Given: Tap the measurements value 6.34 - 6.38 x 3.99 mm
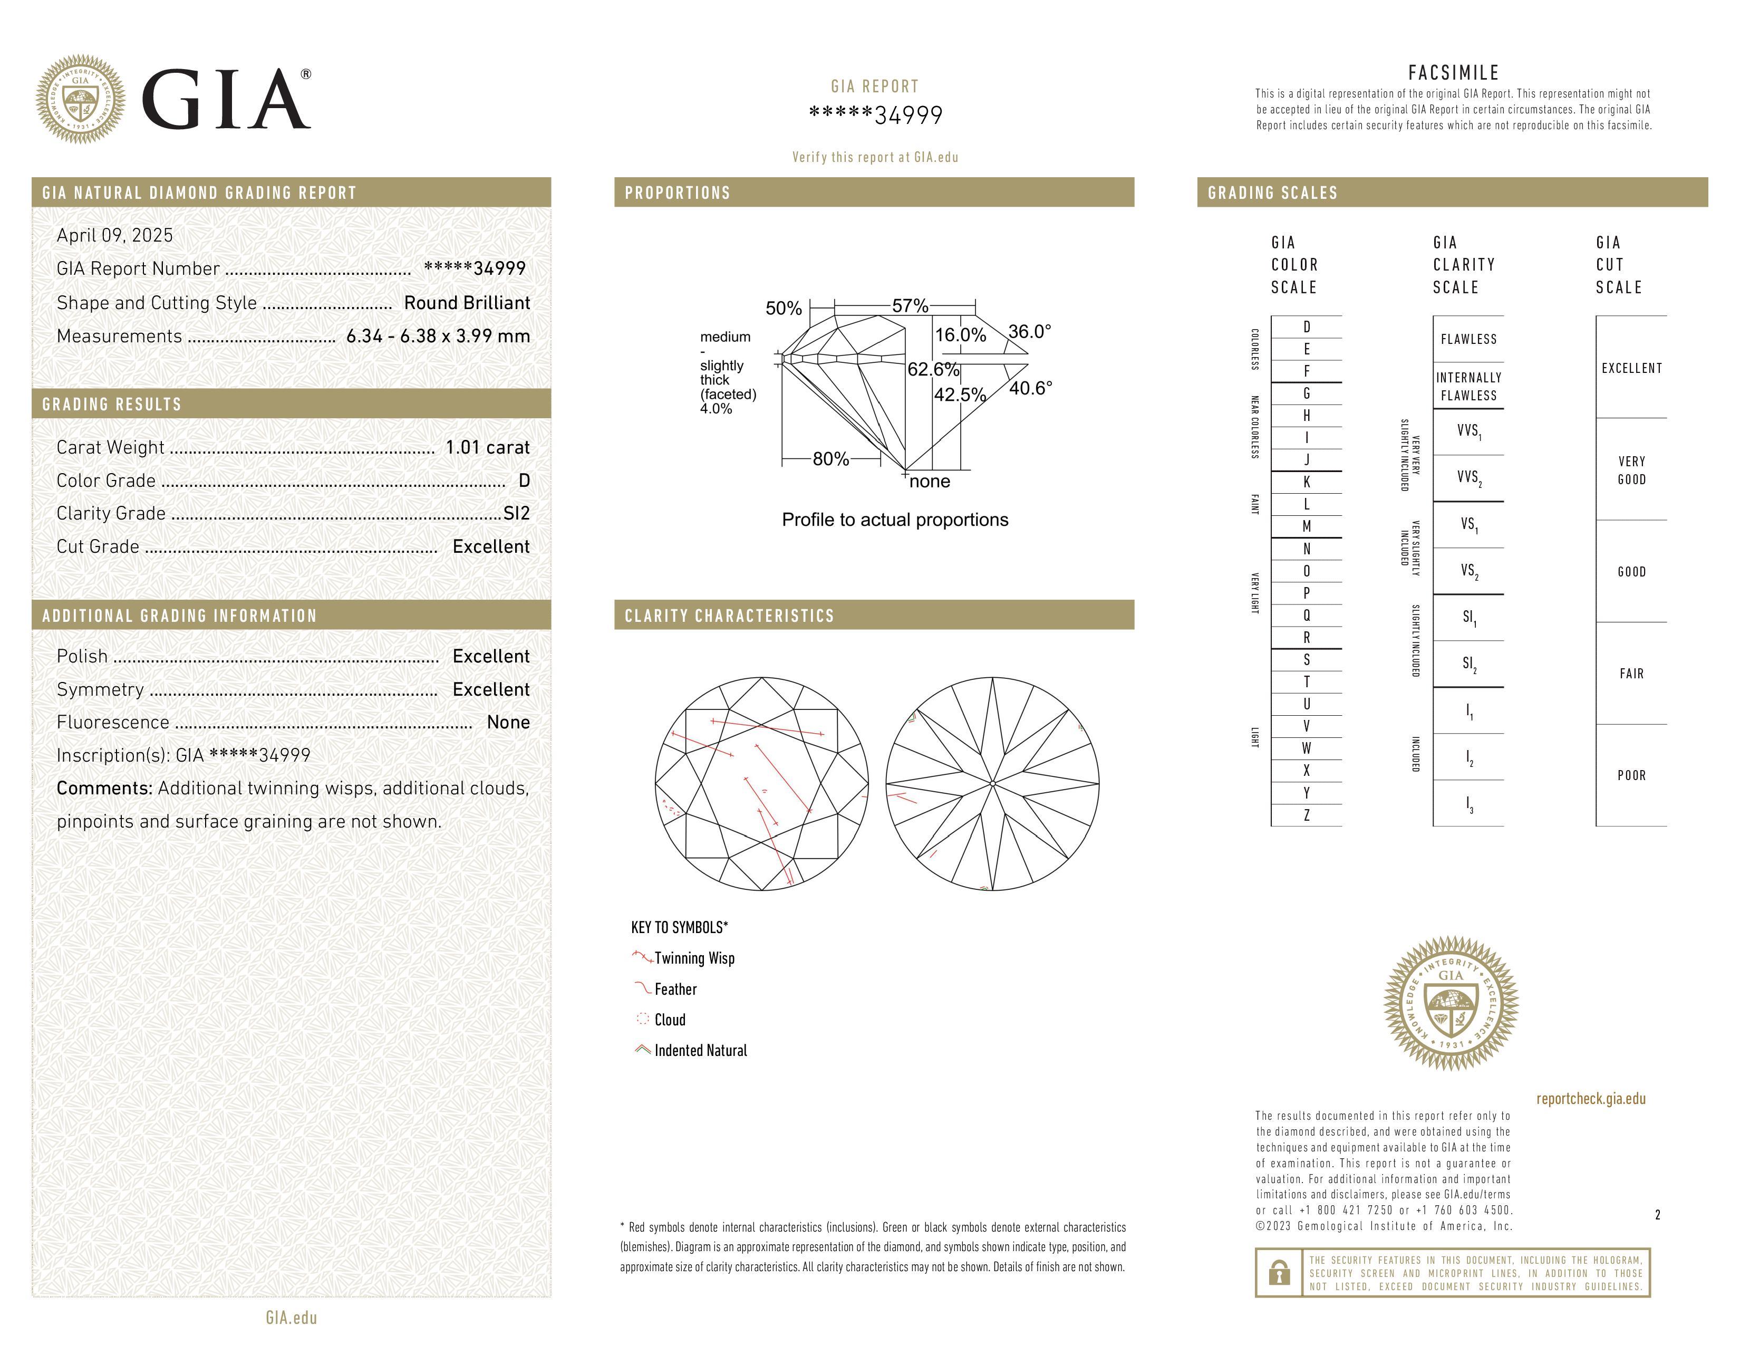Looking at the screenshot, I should pyautogui.click(x=438, y=337).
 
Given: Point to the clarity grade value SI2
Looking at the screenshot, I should pyautogui.click(x=516, y=514).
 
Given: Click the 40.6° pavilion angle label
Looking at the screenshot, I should pyautogui.click(x=1030, y=389).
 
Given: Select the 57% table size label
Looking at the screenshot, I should pyautogui.click(x=910, y=306).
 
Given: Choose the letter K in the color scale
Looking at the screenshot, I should pyautogui.click(x=1307, y=482).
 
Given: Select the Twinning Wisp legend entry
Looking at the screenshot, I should pyautogui.click(x=694, y=958).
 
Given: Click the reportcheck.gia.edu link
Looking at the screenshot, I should pyautogui.click(x=1590, y=1099).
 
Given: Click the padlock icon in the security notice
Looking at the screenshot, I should pyautogui.click(x=1279, y=1273).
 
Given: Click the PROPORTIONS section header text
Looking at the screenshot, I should pyautogui.click(x=677, y=193).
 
